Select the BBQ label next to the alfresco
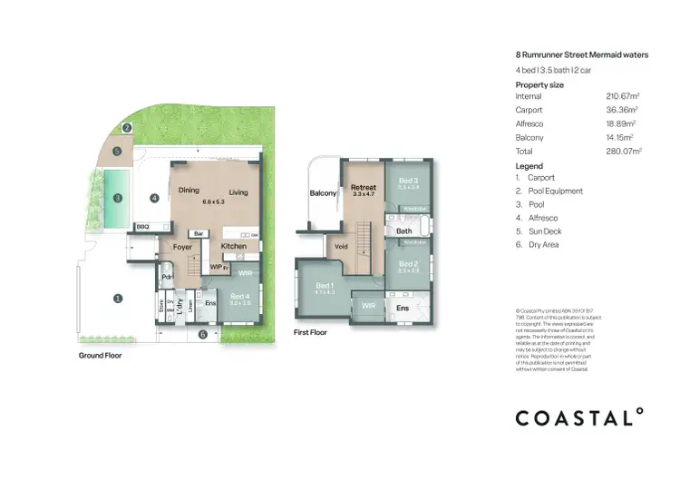pos(142,226)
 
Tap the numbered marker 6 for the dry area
pos(202,335)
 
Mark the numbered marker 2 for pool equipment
pos(128,128)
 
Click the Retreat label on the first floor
pos(364,188)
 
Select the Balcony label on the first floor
pos(324,193)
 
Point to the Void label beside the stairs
pos(343,246)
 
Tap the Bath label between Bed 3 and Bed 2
pos(404,231)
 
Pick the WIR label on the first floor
pos(368,306)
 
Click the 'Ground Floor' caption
pos(100,356)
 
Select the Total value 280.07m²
pos(624,151)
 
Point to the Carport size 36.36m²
pos(622,110)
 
